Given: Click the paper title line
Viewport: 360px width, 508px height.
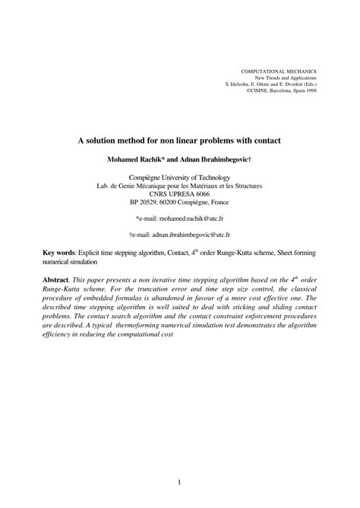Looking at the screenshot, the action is [x=179, y=140].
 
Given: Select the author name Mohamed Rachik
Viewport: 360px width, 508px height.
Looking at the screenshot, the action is [x=141, y=160].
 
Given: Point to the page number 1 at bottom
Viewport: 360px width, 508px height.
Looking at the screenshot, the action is [x=179, y=460].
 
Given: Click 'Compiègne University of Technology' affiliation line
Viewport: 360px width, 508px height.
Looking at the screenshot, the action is [x=180, y=177].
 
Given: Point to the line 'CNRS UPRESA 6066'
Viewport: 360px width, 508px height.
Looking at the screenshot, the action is [x=180, y=194].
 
